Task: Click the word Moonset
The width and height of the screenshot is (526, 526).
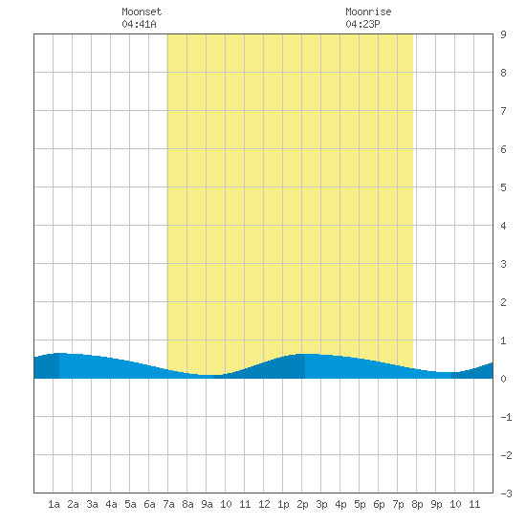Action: click(142, 11)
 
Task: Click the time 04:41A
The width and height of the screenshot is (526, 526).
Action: click(139, 24)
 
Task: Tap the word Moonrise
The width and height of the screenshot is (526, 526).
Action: click(368, 11)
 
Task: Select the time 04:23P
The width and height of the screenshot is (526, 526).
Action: click(362, 24)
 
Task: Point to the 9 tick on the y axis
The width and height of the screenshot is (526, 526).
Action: click(503, 34)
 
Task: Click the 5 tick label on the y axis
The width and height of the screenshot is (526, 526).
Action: click(503, 187)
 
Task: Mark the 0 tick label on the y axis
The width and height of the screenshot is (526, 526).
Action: click(503, 379)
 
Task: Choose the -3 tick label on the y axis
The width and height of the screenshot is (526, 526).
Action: click(506, 493)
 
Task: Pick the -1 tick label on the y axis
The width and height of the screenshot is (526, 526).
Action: click(506, 417)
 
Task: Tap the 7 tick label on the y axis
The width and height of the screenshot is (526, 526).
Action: click(503, 111)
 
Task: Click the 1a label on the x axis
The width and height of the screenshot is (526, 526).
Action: click(54, 504)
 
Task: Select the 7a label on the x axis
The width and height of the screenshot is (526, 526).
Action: click(168, 504)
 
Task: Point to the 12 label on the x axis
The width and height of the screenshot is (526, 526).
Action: click(264, 504)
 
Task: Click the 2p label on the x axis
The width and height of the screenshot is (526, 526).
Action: click(302, 504)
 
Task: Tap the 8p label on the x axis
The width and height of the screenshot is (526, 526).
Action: click(417, 504)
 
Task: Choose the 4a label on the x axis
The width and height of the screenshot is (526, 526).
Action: click(111, 504)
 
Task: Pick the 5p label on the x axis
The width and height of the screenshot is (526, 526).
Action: click(360, 504)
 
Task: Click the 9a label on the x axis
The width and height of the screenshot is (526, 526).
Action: click(207, 504)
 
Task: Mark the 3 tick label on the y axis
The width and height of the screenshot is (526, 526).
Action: click(503, 264)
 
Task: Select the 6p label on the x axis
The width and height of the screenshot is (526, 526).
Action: click(379, 504)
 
